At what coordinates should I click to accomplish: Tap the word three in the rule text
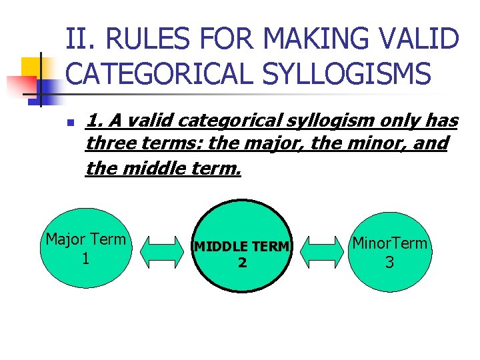(109, 143)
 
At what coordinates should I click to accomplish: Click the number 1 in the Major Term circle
(85, 258)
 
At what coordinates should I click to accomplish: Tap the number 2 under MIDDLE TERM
(242, 263)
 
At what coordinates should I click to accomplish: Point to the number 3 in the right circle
(389, 263)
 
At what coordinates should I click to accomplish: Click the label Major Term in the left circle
(85, 239)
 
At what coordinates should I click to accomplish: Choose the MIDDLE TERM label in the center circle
(242, 247)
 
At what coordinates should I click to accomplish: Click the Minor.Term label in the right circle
(390, 243)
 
